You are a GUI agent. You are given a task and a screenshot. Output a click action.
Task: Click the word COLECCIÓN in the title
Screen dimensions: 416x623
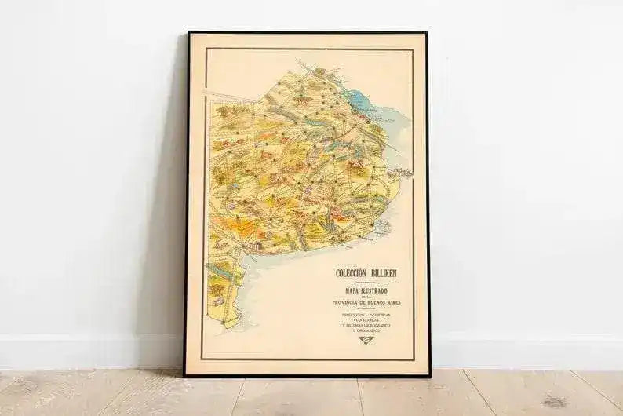pyautogui.click(x=352, y=273)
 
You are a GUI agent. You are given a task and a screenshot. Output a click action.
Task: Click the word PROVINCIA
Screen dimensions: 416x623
pyautogui.click(x=351, y=303)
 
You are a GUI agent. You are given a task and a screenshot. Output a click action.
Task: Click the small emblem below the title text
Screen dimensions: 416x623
pyautogui.click(x=366, y=339)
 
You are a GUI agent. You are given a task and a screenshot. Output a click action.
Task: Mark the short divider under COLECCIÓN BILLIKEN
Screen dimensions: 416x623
pyautogui.click(x=366, y=281)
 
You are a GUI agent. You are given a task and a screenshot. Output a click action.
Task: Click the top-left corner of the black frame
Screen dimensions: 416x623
pyautogui.click(x=188, y=34)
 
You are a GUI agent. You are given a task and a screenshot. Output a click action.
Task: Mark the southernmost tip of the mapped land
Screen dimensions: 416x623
pyautogui.click(x=224, y=324)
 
